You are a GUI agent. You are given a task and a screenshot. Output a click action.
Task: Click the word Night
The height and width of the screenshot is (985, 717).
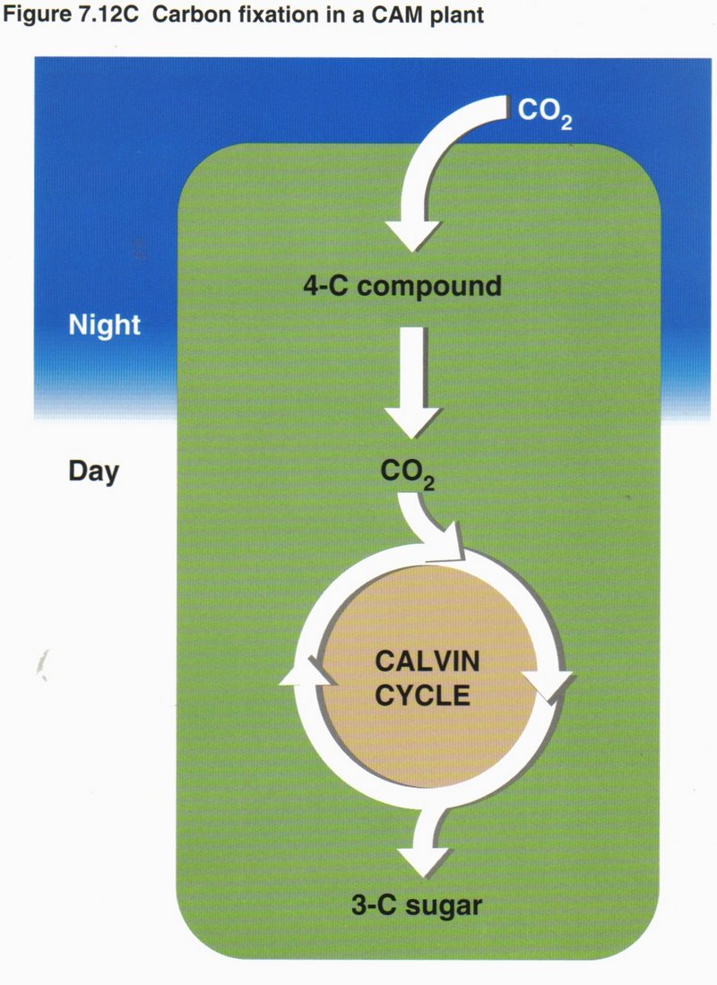coord(104,324)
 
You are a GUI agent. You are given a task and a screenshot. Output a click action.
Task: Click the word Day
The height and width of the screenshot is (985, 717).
coord(93,471)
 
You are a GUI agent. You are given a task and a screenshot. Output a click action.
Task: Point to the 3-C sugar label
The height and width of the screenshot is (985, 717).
coord(415,905)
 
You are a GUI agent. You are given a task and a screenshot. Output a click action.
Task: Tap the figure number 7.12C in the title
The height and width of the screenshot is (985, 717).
coord(95,17)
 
